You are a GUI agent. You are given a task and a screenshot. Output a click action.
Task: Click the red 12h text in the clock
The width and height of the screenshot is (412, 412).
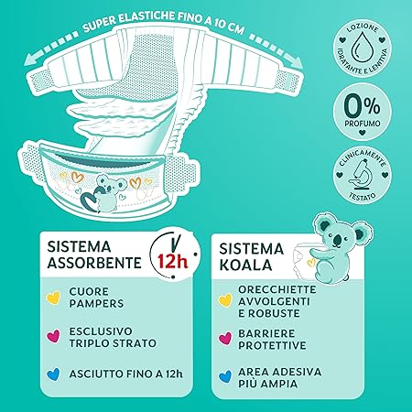(x=172, y=261)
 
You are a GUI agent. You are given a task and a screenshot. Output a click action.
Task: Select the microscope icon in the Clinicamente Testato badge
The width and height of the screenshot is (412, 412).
(x=363, y=176)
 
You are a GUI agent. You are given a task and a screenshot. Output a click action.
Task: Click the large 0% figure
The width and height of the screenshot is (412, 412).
(x=363, y=106)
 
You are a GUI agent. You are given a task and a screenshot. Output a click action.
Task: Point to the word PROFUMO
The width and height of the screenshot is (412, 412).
(x=363, y=124)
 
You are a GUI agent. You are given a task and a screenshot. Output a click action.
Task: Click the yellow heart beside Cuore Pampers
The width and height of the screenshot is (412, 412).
(x=53, y=298)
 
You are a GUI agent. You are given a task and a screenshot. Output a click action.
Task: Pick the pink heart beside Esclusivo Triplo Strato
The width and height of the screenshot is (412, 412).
(x=53, y=336)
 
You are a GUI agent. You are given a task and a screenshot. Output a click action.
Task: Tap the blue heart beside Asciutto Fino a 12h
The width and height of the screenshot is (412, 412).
(x=53, y=374)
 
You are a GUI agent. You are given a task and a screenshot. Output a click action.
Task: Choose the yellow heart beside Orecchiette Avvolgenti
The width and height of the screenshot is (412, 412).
(x=225, y=300)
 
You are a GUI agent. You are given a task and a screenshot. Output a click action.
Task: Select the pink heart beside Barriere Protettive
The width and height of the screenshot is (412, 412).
(x=225, y=339)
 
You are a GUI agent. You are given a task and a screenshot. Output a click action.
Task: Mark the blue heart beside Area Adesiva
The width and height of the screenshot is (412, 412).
(x=225, y=377)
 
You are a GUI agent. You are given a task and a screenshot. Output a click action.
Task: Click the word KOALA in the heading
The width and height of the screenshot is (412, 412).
(x=245, y=265)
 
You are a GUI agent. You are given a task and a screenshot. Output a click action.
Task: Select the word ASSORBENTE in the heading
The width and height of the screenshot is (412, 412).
(x=94, y=263)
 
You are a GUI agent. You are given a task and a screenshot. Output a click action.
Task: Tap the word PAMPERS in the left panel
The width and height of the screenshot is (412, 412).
(x=96, y=304)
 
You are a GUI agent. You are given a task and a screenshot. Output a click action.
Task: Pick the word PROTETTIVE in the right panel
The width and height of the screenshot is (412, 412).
(x=272, y=345)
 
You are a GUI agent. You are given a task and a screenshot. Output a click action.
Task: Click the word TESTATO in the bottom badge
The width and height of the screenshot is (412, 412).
(x=363, y=196)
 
